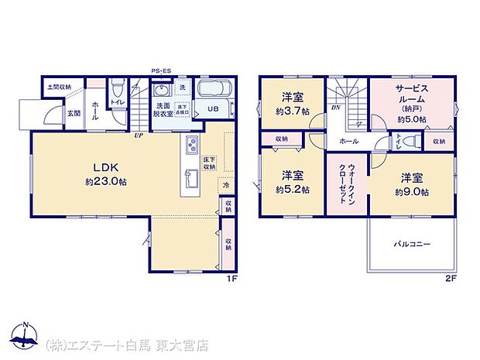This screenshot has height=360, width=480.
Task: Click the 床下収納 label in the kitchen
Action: click(x=209, y=163)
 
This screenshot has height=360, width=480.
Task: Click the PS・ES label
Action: click(x=160, y=70)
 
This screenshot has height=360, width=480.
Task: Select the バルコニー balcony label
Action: click(x=411, y=244)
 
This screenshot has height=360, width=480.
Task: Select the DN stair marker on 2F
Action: click(x=334, y=108)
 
